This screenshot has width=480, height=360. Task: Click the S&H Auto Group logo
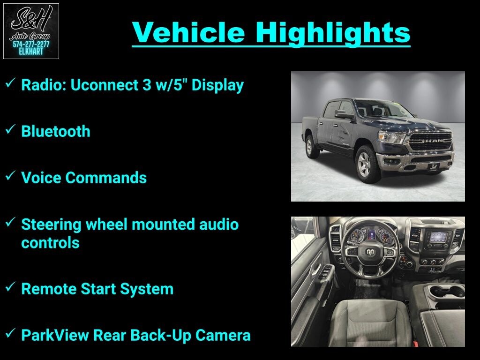tap(31, 31)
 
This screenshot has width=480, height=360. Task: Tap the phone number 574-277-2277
tap(31, 45)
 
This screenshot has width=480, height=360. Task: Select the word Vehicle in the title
tap(188, 32)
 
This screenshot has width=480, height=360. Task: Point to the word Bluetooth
tap(56, 131)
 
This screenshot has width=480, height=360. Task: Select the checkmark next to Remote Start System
tap(10, 287)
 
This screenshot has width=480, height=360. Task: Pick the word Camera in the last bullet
tap(223, 335)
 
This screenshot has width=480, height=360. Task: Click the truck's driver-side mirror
tap(344, 115)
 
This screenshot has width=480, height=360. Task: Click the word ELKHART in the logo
tap(31, 52)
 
